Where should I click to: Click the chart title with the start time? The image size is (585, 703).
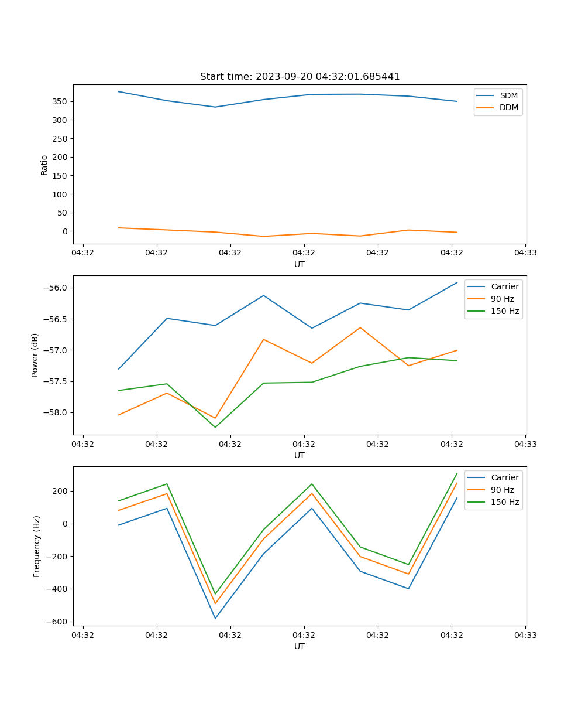[x=300, y=76]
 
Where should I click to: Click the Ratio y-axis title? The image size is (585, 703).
[x=44, y=164]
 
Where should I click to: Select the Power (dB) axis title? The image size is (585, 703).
[x=35, y=355]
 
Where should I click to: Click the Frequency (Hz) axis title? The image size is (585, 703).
[x=36, y=546]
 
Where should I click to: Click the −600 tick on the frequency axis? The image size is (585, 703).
[x=57, y=622]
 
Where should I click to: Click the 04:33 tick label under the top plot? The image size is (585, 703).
[x=525, y=252]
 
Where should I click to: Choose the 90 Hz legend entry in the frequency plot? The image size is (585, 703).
[x=503, y=490]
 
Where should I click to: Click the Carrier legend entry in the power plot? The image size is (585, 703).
[x=504, y=286]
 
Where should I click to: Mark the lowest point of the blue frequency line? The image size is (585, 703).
[x=215, y=618]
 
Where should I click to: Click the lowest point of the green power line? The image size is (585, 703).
[x=215, y=427]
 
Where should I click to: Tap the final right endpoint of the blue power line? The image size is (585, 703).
[x=457, y=282]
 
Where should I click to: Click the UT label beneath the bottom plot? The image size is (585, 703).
[x=300, y=646]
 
